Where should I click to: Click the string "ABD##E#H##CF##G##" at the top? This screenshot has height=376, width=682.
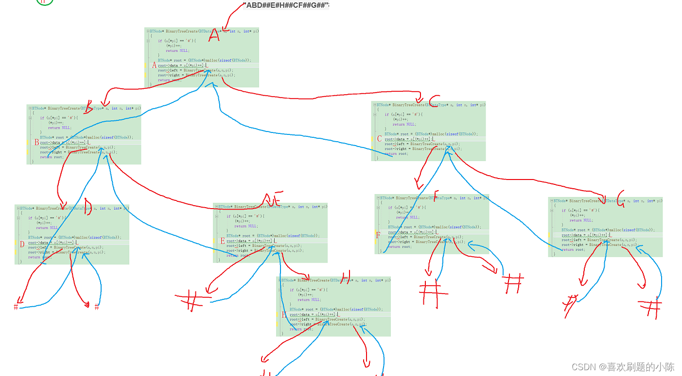(x=286, y=5)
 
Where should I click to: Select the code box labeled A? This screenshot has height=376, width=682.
(x=202, y=57)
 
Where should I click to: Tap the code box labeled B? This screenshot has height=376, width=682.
(x=84, y=134)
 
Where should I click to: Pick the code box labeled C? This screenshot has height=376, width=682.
(x=428, y=131)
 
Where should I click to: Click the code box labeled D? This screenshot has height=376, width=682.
(x=72, y=234)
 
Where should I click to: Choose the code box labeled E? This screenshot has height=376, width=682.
(x=270, y=233)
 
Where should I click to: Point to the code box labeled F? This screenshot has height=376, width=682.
(x=432, y=224)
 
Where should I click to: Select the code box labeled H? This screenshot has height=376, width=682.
(x=333, y=306)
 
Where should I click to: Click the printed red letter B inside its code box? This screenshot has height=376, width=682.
(x=36, y=143)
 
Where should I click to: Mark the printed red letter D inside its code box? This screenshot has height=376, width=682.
(x=22, y=244)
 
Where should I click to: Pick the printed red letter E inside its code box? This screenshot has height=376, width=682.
(x=223, y=241)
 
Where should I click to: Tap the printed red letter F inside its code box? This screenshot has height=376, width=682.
(x=378, y=235)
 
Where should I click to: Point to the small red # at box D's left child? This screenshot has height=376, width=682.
(x=16, y=307)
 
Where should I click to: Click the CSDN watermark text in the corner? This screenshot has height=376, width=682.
(x=622, y=367)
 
